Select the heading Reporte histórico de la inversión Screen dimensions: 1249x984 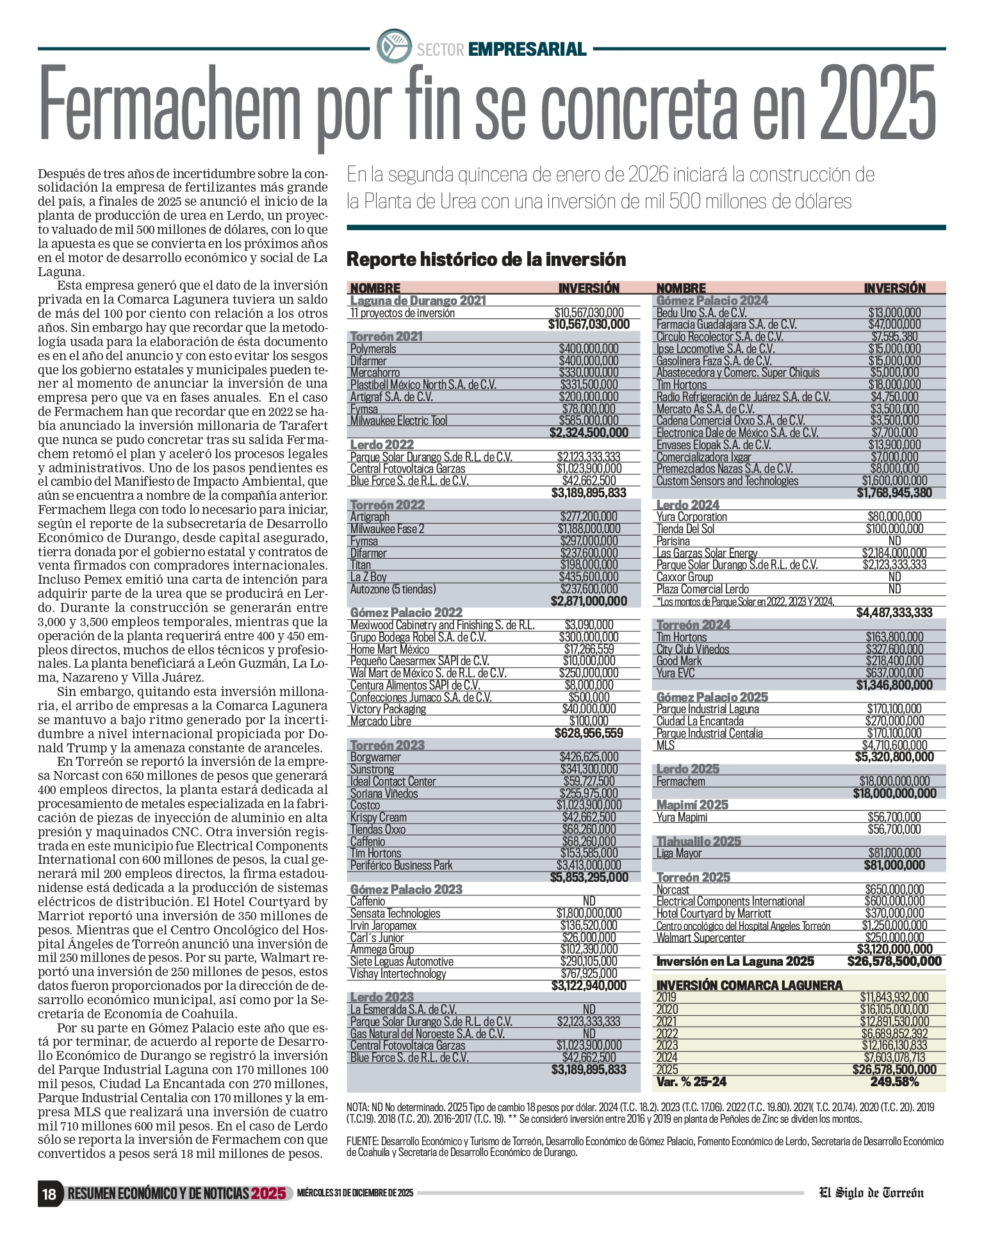pyautogui.click(x=486, y=260)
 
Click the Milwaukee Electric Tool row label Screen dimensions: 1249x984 pyautogui.click(x=398, y=421)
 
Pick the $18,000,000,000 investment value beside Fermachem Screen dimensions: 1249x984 pyautogui.click(x=894, y=781)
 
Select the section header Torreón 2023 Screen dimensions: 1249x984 pyautogui.click(x=387, y=745)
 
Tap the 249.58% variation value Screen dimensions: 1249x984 pyautogui.click(x=894, y=1082)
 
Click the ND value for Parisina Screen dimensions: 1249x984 pyautogui.click(x=894, y=541)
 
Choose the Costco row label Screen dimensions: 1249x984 pyautogui.click(x=365, y=806)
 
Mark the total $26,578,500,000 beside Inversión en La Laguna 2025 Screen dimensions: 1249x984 pyautogui.click(x=894, y=961)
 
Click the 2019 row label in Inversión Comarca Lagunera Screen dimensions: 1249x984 pyautogui.click(x=666, y=997)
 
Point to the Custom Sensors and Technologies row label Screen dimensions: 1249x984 pyautogui.click(x=727, y=481)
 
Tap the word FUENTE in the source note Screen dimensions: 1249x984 pyautogui.click(x=362, y=1141)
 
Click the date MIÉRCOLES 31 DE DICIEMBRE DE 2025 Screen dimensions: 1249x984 pyautogui.click(x=355, y=1193)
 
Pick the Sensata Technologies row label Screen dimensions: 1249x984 pyautogui.click(x=395, y=914)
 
